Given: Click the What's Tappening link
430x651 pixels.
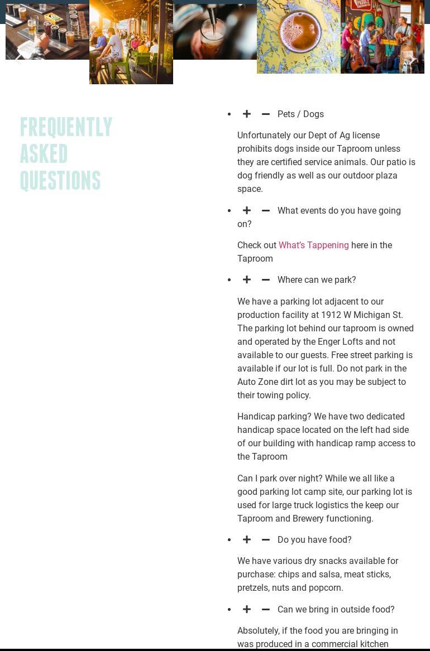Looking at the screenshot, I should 313,245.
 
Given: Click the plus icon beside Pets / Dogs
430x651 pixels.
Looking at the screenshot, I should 247,114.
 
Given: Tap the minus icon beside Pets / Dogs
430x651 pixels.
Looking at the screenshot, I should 266,114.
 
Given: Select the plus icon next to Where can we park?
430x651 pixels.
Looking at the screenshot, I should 247,280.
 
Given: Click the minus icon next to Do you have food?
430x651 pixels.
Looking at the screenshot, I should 266,540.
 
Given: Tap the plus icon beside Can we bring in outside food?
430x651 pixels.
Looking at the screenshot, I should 247,610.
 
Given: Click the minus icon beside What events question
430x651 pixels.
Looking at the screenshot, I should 266,211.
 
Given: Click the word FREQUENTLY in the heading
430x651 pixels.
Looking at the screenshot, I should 66,127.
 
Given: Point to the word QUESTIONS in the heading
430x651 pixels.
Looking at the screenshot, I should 60,181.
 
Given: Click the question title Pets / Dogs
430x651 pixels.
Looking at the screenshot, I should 300,114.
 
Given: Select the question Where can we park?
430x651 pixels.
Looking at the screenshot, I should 317,280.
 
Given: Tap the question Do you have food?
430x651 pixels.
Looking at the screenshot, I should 314,540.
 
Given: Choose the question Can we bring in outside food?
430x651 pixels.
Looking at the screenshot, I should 336,610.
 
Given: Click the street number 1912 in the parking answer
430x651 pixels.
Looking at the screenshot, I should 331,315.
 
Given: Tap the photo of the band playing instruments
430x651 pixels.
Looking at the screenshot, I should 383,37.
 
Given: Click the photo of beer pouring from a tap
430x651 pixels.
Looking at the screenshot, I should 215,31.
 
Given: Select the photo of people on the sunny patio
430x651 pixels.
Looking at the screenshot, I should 131,42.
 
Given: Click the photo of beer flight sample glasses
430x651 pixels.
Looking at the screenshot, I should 47,31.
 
